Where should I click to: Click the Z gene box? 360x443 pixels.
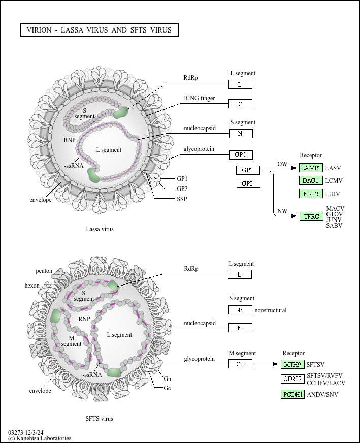[x=240, y=104]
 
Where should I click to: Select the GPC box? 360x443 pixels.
[x=241, y=155]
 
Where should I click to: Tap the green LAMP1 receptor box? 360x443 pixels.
[x=311, y=168]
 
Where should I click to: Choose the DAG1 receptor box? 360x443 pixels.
[x=311, y=180]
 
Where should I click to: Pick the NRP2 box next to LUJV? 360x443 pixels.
[x=311, y=194]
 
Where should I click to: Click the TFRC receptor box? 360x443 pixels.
[x=311, y=217]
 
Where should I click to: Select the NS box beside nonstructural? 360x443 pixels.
[x=240, y=310]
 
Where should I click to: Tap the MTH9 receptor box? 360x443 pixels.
[x=292, y=364]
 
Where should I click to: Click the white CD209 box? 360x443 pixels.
[x=292, y=379]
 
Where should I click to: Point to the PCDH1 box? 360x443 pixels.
[x=292, y=394]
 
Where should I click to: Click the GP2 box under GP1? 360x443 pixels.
[x=248, y=183]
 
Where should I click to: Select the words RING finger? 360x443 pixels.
[x=200, y=98]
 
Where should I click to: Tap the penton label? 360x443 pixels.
[x=44, y=271]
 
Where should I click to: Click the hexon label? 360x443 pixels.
[x=32, y=286]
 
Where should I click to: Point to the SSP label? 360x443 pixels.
[x=182, y=199]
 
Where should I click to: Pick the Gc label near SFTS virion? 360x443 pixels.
[x=167, y=388]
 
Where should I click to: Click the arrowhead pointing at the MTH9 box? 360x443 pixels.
[x=275, y=364]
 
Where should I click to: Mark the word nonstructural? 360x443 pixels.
[x=271, y=310]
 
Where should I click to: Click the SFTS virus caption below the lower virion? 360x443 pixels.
[x=99, y=419]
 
